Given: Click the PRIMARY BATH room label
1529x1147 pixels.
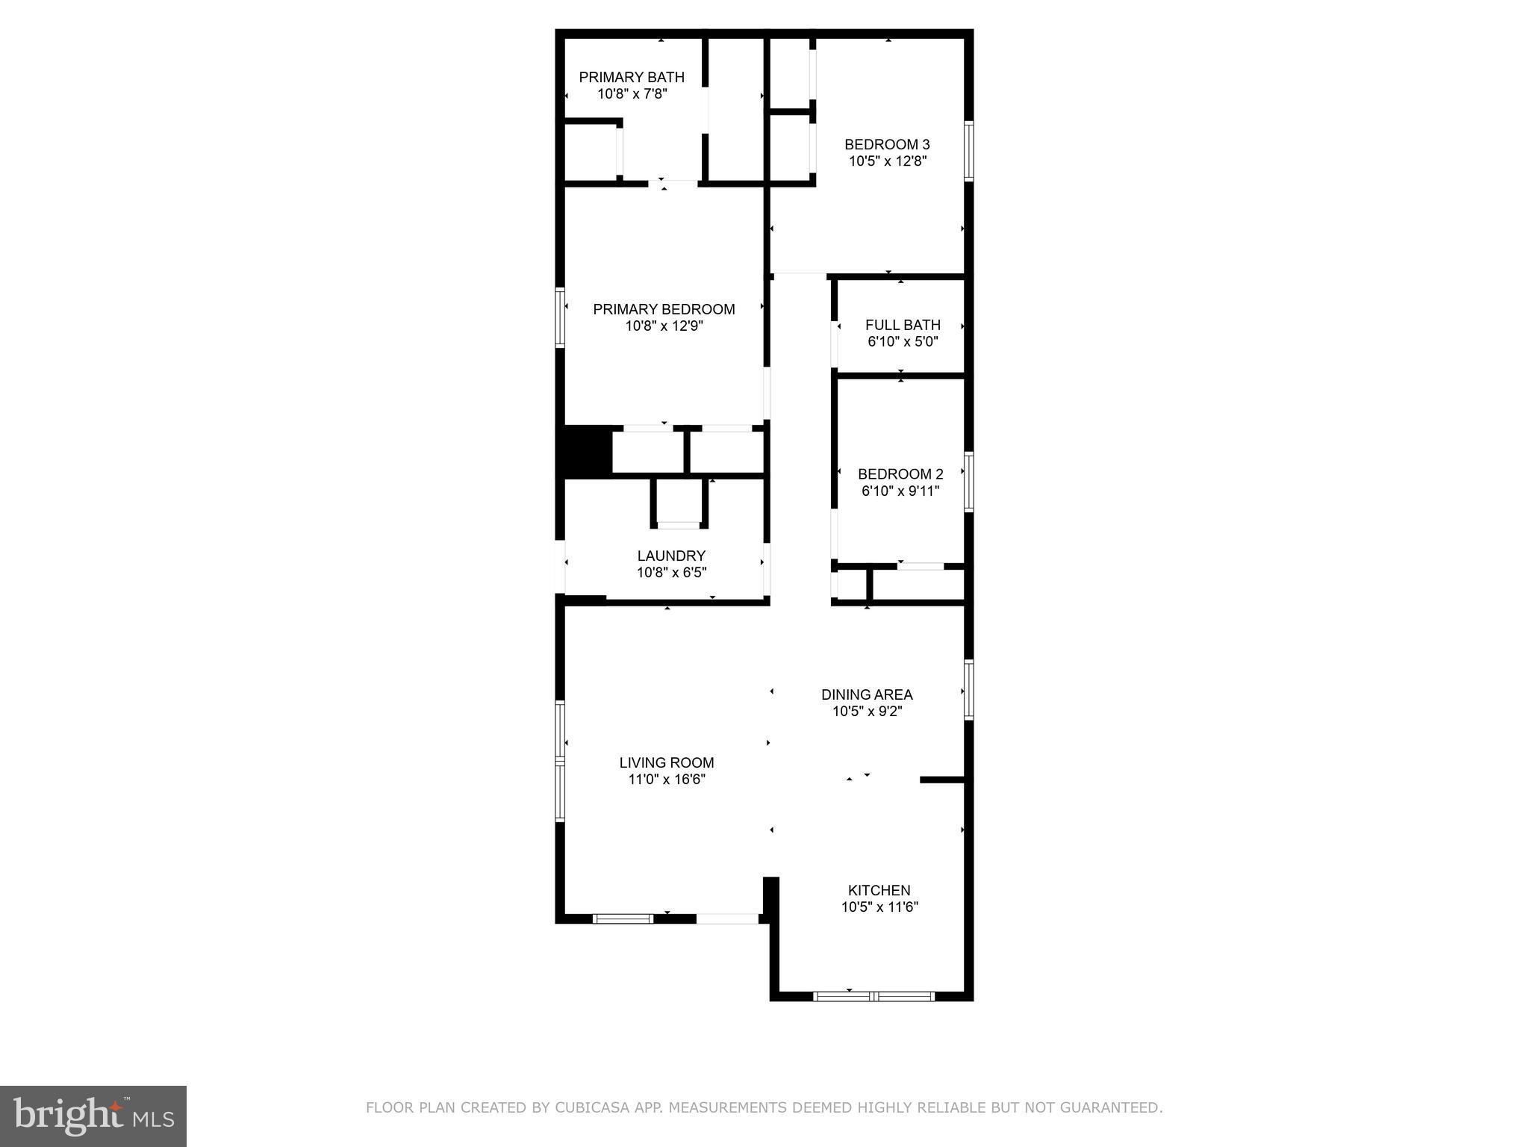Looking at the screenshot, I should (632, 77).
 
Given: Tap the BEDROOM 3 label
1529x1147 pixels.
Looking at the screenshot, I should (887, 144).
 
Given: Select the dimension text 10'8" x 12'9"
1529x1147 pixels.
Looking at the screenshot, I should (664, 326).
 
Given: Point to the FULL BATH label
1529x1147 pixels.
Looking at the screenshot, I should (903, 325).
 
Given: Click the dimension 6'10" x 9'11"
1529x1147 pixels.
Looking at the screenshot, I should (900, 491).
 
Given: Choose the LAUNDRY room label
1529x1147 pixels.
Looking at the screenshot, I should (671, 556).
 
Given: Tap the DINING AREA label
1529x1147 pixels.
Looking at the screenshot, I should (867, 694).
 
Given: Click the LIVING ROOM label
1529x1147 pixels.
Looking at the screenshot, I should (666, 762).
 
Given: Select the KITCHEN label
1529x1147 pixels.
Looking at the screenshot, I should (879, 890).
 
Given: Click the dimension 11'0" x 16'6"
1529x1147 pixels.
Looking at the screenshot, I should (666, 780).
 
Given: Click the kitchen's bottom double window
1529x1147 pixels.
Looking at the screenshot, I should (873, 995).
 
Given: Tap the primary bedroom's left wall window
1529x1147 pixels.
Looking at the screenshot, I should (560, 317).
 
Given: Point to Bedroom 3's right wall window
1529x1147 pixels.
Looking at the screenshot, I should (968, 152).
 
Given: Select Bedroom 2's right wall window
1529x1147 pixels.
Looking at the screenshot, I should (968, 482).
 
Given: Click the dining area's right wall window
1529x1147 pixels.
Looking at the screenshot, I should (968, 689).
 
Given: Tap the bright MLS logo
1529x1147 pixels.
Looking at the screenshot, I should (93, 1116).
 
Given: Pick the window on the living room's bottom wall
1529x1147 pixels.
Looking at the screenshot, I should (623, 918).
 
